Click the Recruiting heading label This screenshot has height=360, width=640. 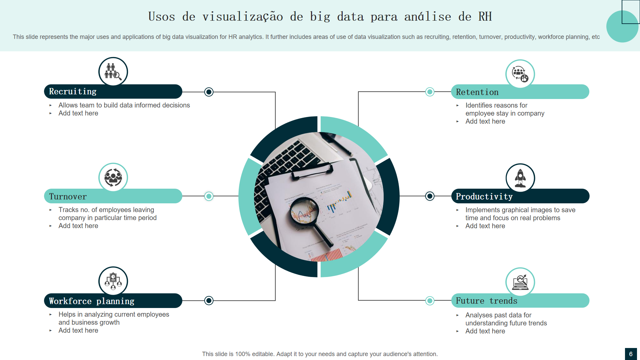[x=73, y=92]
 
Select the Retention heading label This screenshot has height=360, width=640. [x=477, y=92]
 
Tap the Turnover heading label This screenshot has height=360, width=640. [x=68, y=197]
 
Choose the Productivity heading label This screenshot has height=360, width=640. [x=484, y=197]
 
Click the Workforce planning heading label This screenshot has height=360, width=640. [x=92, y=301]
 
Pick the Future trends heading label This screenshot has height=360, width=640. [x=486, y=301]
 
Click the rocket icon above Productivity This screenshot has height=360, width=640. [x=520, y=178]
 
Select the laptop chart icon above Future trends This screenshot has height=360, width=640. [x=520, y=282]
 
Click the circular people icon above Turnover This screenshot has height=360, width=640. [x=113, y=177]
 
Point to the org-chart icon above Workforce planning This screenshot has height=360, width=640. [x=113, y=281]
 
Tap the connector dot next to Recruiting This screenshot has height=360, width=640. [x=209, y=92]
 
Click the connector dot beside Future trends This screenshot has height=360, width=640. [x=430, y=301]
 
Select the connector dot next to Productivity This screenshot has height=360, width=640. [x=430, y=196]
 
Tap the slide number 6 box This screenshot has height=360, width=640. [x=631, y=354]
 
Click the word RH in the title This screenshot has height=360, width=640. [x=485, y=17]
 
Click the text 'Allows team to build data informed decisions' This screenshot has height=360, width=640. [x=124, y=105]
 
